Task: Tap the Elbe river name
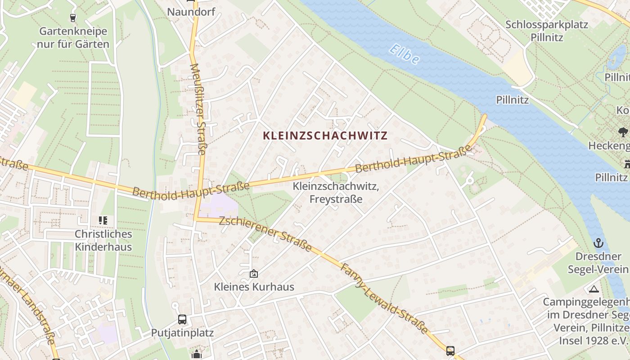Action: (x=405, y=54)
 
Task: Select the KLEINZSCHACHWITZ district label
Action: (x=325, y=135)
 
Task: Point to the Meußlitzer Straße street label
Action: (x=198, y=109)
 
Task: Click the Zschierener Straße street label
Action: (x=265, y=234)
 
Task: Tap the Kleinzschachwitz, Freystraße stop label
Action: (x=336, y=192)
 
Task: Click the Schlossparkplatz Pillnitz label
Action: (x=546, y=31)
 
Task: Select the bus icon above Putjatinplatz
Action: (x=182, y=319)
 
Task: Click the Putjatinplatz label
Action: (x=182, y=333)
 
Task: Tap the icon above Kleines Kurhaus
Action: (x=254, y=273)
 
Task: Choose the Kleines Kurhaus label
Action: (x=254, y=287)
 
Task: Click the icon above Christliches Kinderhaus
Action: (x=103, y=220)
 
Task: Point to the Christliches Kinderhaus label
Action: (x=103, y=240)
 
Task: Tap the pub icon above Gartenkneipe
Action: (x=73, y=18)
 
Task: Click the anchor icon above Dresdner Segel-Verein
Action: (x=598, y=243)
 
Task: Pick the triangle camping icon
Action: (x=594, y=289)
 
